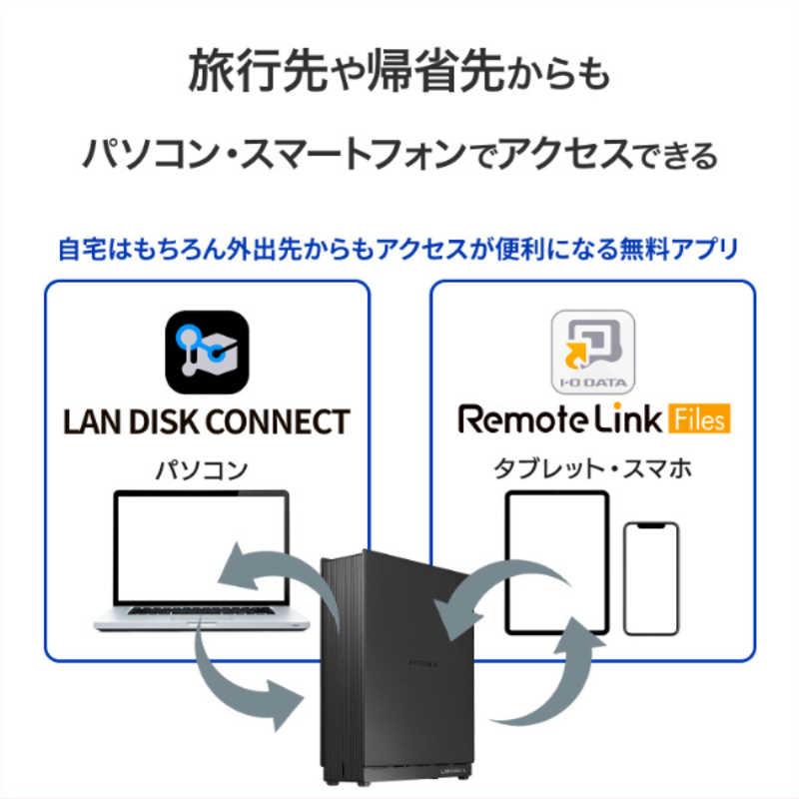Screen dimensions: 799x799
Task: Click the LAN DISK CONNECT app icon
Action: click(207, 353)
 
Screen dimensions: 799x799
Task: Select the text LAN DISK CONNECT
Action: click(207, 420)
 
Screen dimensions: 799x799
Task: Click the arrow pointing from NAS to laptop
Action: click(263, 571)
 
